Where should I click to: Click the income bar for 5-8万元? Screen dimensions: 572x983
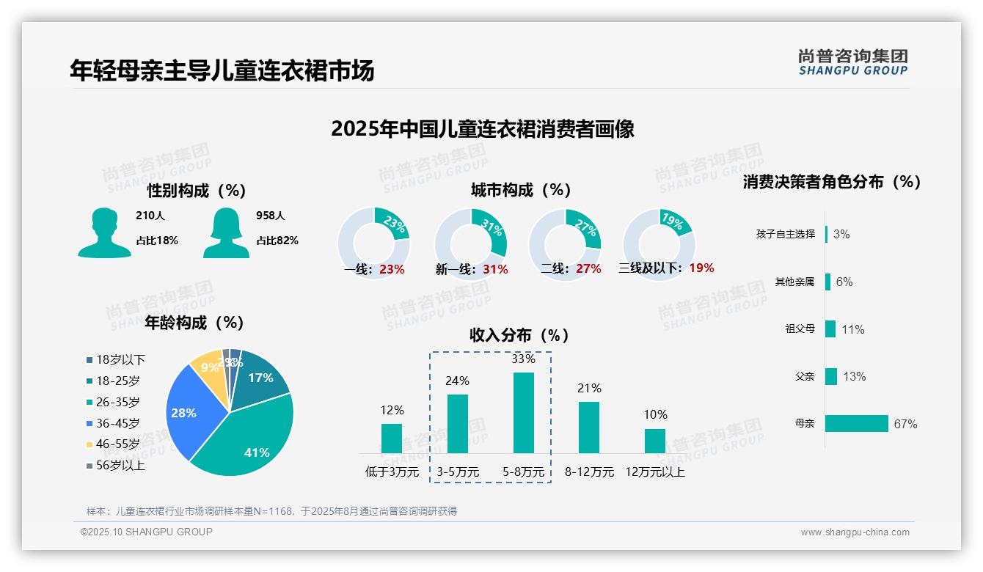pyautogui.click(x=524, y=413)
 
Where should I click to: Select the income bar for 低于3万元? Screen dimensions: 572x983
pyautogui.click(x=392, y=439)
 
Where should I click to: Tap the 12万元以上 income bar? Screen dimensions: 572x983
pyautogui.click(x=655, y=441)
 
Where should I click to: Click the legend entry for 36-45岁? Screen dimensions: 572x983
pyautogui.click(x=117, y=423)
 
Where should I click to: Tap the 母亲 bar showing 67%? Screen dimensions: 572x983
pyautogui.click(x=856, y=423)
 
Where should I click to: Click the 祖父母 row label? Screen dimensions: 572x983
pyautogui.click(x=800, y=329)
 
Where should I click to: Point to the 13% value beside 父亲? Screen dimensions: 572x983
pyautogui.click(x=855, y=376)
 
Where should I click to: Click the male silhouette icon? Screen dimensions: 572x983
pyautogui.click(x=104, y=232)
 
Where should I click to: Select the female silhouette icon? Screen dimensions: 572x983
pyautogui.click(x=226, y=232)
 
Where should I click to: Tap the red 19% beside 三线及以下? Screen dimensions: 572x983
pyautogui.click(x=701, y=268)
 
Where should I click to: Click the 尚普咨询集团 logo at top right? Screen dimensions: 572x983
pyautogui.click(x=853, y=62)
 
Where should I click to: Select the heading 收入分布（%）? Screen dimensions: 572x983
pyautogui.click(x=519, y=335)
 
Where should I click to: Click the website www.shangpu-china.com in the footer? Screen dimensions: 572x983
pyautogui.click(x=855, y=532)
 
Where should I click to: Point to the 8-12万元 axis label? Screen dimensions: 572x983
pyautogui.click(x=589, y=472)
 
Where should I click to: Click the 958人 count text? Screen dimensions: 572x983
pyautogui.click(x=271, y=216)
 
